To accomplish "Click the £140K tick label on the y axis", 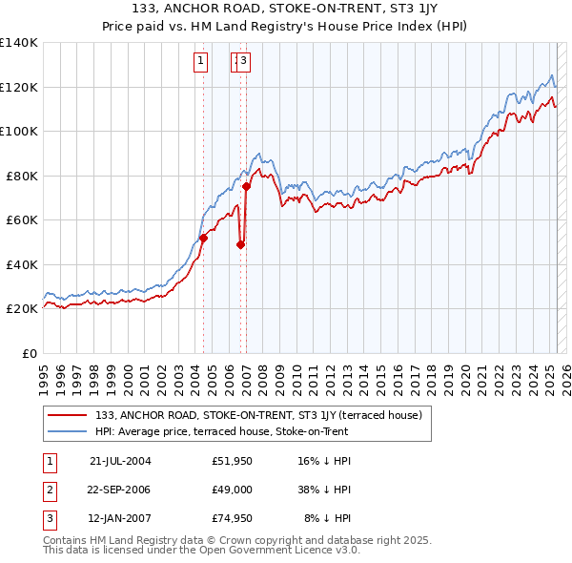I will click(x=18, y=43).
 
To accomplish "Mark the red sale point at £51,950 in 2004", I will click(x=203, y=239).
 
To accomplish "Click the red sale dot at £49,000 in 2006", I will click(x=240, y=244).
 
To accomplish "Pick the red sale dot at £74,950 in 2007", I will click(x=246, y=187).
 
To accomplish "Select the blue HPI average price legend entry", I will click(x=221, y=431).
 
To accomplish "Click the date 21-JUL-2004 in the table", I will click(x=120, y=460).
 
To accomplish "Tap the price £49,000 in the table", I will click(x=232, y=490).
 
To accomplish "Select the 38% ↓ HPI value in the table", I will click(x=324, y=490).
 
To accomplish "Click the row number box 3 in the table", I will click(x=47, y=519).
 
